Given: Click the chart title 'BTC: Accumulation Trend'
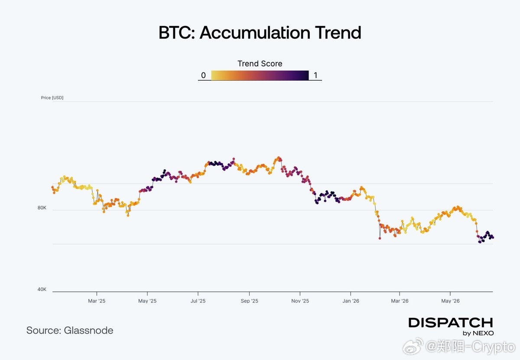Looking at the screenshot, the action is tap(260, 33).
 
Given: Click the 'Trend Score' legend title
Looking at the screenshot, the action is tap(260, 63).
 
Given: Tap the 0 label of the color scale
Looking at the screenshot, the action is tap(203, 75).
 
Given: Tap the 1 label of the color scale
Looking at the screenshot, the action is tap(315, 75).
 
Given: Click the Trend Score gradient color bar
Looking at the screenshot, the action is tap(260, 75).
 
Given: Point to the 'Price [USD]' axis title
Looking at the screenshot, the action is tap(52, 98).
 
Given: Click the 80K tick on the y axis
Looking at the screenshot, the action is tap(42, 208).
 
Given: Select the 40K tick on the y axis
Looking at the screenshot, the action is tap(42, 289).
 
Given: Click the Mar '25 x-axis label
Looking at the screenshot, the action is tap(97, 301).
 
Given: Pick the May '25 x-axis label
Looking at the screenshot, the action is tap(147, 301).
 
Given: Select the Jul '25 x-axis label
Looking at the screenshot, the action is tap(198, 301).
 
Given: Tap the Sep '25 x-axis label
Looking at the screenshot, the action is tap(250, 301).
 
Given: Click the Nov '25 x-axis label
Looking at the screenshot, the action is tap(300, 301).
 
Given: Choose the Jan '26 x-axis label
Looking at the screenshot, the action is tap(351, 301).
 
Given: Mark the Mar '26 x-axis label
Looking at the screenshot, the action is tap(400, 301).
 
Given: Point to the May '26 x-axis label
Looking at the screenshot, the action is tap(450, 301).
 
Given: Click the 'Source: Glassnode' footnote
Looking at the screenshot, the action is tap(70, 331).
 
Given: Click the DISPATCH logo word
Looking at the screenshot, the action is tap(451, 323).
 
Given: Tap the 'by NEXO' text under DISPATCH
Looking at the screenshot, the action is tap(478, 333).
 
